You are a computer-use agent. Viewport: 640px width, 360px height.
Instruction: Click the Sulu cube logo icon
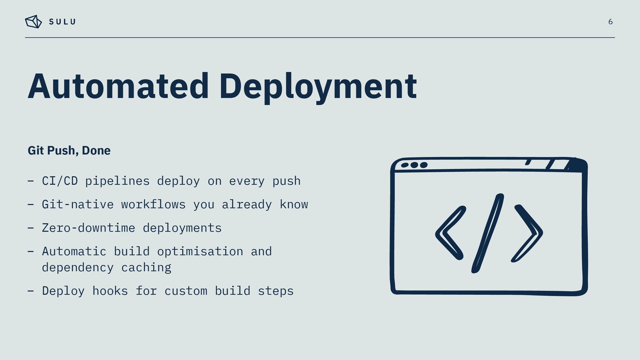33,22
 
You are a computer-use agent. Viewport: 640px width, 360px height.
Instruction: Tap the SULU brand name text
62,22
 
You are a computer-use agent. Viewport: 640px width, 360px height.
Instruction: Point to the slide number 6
610,22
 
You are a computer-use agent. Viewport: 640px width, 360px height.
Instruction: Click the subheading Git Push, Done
69,150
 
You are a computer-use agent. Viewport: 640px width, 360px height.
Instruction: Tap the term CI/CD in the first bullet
60,181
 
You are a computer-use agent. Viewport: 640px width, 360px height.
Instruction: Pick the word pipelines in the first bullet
117,181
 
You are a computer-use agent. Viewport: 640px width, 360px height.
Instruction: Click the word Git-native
78,204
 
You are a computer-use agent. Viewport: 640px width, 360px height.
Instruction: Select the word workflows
153,204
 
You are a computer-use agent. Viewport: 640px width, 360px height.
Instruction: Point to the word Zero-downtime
88,228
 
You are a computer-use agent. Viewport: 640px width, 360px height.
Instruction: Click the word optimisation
200,251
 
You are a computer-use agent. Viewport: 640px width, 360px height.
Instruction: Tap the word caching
146,268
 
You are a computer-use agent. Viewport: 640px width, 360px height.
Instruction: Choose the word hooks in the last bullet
110,291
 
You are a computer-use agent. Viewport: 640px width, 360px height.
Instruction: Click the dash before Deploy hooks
31,291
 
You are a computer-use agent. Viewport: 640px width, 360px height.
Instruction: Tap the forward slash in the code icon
488,233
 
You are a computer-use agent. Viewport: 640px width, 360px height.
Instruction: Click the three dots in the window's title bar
414,165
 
